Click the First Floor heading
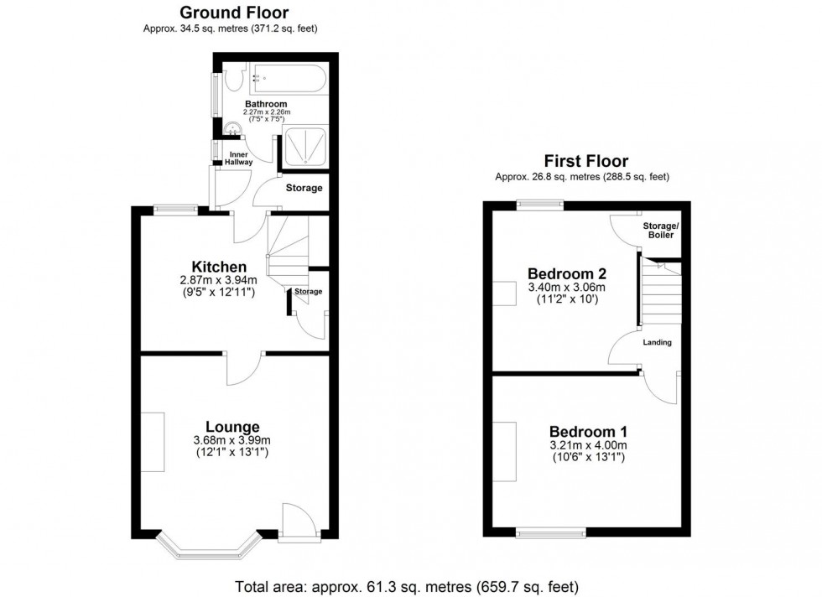pyautogui.click(x=585, y=161)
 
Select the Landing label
pyautogui.click(x=657, y=342)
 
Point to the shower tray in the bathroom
pyautogui.click(x=304, y=147)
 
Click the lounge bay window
pyautogui.click(x=206, y=549)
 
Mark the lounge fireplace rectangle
pyautogui.click(x=153, y=442)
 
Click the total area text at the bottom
pyautogui.click(x=404, y=587)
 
